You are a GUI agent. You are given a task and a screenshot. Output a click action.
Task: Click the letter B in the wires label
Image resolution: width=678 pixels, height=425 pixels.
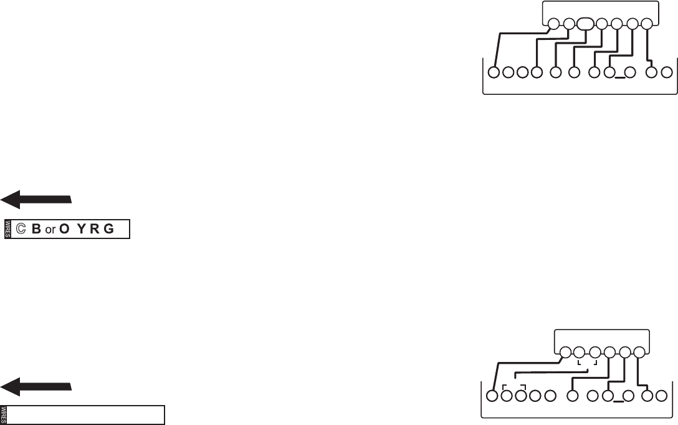36,229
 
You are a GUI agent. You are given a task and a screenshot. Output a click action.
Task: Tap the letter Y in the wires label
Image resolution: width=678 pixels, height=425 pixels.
82,229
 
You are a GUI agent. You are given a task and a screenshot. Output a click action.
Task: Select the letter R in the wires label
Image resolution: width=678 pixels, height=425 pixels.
95,229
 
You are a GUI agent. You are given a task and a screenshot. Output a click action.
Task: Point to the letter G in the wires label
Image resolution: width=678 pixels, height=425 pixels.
109,229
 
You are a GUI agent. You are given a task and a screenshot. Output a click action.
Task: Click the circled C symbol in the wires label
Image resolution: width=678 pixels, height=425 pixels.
21,229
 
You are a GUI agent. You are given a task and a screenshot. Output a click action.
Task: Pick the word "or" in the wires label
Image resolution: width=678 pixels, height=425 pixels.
50,230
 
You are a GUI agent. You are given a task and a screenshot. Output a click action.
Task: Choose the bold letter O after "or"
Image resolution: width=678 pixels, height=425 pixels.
64,229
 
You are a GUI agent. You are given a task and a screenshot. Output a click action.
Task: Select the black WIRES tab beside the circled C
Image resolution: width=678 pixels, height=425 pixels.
8,229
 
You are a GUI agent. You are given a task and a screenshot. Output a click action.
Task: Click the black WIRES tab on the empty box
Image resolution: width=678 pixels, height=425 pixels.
4,416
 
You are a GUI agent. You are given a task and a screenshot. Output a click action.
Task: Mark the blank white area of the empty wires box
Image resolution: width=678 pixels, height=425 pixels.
87,416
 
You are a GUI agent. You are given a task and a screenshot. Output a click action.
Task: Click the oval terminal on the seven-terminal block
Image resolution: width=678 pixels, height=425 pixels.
585,25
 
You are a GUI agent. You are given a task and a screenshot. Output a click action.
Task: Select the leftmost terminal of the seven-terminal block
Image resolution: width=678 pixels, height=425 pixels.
553,25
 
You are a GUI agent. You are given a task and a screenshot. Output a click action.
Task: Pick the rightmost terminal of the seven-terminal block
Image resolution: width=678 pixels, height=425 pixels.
647,25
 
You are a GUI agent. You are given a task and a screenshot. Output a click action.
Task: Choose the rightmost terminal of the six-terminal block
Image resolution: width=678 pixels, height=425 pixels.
640,352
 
